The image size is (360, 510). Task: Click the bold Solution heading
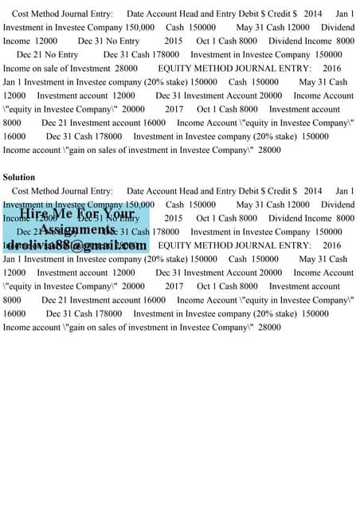[x=19, y=177]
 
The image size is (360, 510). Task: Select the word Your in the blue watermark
[x=118, y=214]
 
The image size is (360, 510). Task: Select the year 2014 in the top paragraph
[x=313, y=14]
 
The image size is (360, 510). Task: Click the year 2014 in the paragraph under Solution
[x=313, y=191]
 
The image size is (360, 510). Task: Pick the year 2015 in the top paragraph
[x=174, y=41]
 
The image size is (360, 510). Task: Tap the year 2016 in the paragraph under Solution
[x=331, y=245]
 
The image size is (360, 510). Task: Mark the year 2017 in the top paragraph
[x=174, y=108]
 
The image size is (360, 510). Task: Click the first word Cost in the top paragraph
[x=21, y=14]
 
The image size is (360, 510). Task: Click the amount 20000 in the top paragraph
[x=134, y=108]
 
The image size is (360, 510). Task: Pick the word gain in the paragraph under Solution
[x=82, y=327]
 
